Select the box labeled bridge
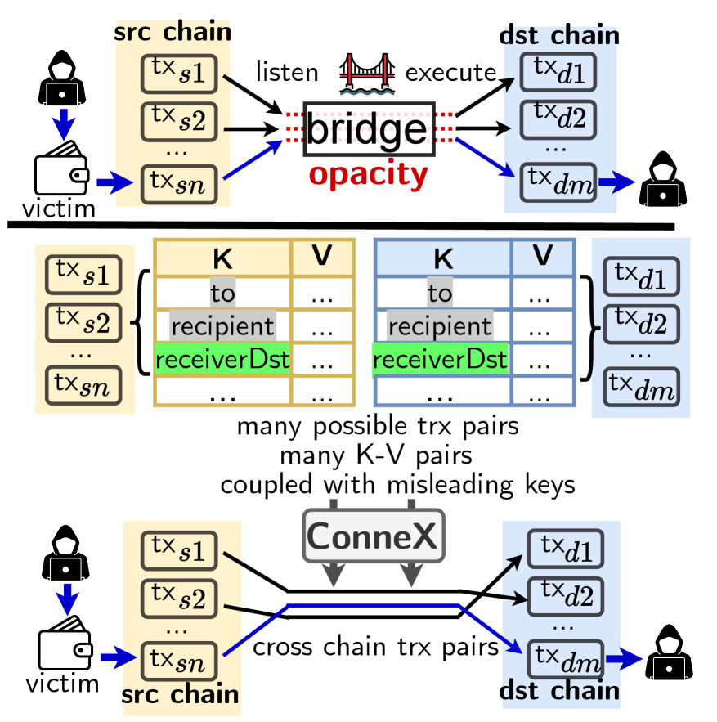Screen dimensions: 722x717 tap(366, 129)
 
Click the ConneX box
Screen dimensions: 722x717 tap(372, 536)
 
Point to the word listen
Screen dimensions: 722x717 tap(286, 72)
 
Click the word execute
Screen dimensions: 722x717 tap(451, 72)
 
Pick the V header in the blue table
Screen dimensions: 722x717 tap(542, 257)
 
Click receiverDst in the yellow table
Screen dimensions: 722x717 tap(222, 359)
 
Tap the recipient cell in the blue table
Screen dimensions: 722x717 tap(440, 326)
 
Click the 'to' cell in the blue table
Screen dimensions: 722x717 tap(440, 293)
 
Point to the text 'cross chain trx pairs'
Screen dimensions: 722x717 tap(376, 648)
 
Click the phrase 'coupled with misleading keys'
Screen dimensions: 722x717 tap(397, 483)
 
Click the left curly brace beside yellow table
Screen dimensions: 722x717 tap(139, 327)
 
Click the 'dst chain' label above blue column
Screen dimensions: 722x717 tap(559, 35)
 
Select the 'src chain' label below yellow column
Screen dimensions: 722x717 tap(181, 694)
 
